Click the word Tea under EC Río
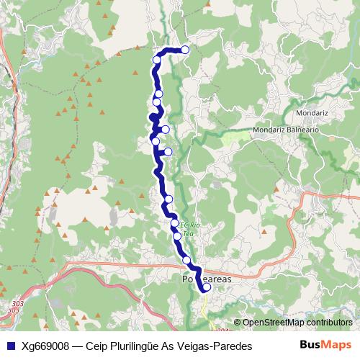(x=189, y=233)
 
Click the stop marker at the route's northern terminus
(x=185, y=50)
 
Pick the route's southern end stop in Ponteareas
(x=207, y=287)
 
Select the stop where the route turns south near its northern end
(x=157, y=60)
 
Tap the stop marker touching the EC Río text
(x=175, y=224)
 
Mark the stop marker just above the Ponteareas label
(x=186, y=260)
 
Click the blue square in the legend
(x=10, y=346)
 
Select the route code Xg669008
(x=45, y=346)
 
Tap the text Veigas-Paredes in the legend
(x=215, y=346)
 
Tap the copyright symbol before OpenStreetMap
(x=238, y=323)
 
